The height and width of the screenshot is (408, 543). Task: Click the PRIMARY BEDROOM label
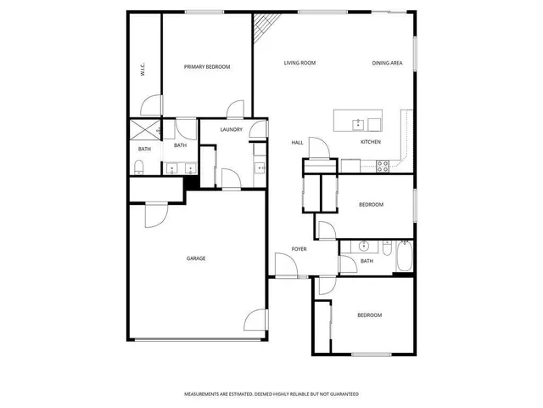click(x=207, y=66)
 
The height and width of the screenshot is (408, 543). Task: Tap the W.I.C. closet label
click(x=143, y=70)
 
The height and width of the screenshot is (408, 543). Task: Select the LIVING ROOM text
click(x=299, y=63)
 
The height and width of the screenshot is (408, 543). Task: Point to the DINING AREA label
click(x=386, y=63)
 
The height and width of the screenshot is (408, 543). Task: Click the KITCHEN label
click(x=371, y=142)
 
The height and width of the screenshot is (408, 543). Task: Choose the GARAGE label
click(x=196, y=258)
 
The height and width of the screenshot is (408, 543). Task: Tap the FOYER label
click(x=299, y=249)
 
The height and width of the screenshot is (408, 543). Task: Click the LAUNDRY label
click(x=231, y=129)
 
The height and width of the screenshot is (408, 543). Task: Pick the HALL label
click(x=298, y=143)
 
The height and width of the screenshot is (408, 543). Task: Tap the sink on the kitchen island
click(x=358, y=122)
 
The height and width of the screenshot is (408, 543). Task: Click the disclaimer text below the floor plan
click(x=271, y=394)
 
